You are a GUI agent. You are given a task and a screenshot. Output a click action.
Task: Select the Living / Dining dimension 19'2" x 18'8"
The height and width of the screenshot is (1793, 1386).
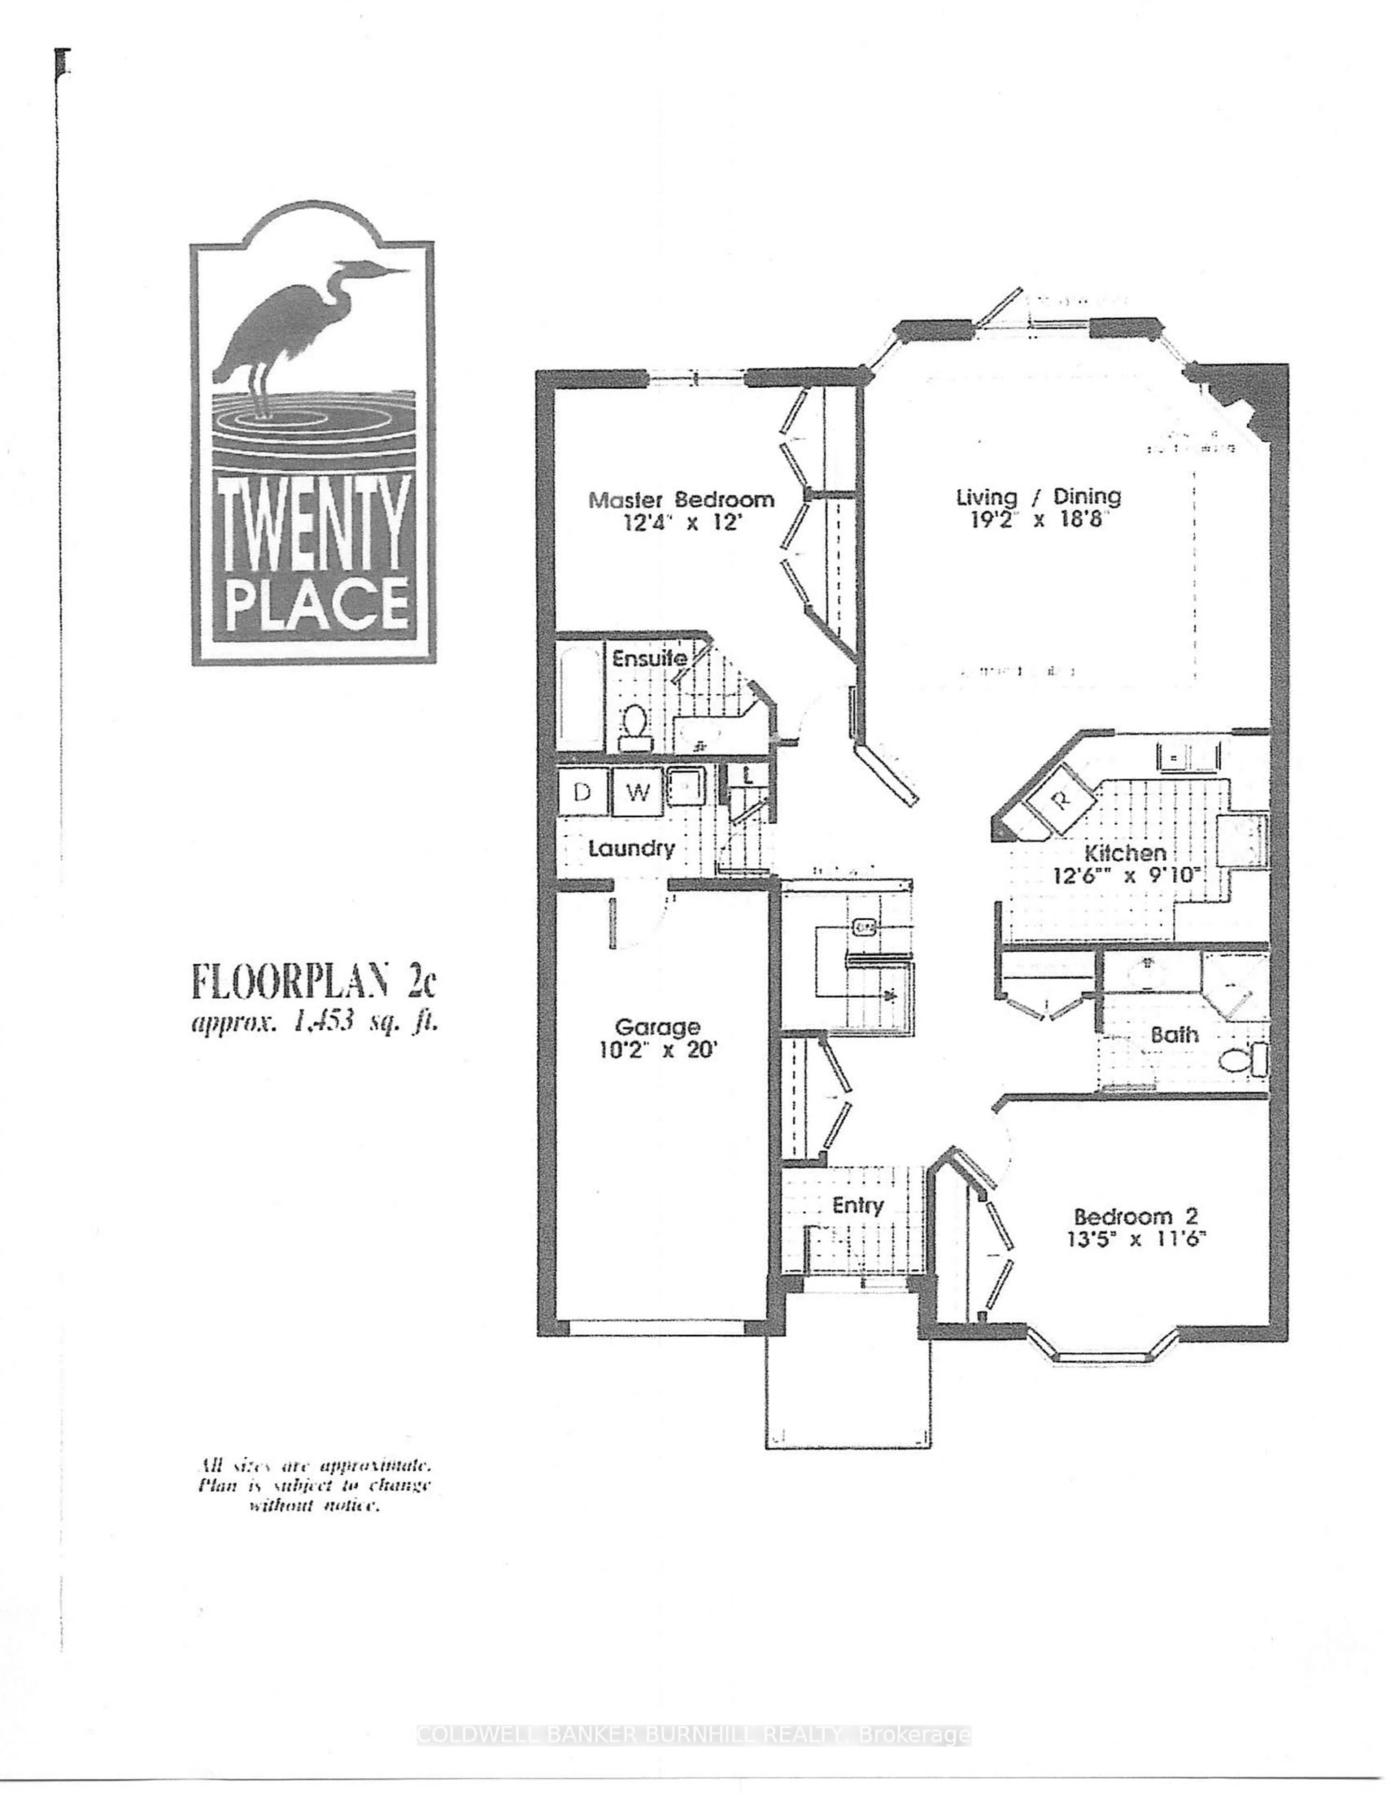point(1039,520)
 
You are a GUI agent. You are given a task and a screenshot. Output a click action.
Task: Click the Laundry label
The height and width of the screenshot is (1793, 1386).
point(631,848)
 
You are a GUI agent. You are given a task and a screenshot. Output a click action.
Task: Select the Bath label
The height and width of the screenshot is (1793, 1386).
point(1174,1034)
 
